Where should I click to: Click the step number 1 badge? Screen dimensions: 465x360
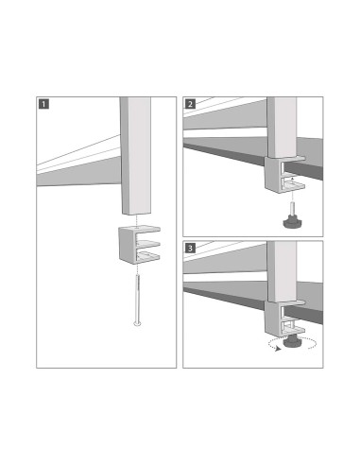click(43, 103)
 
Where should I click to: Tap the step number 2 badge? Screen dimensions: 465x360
click(190, 103)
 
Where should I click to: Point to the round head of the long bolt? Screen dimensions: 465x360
click(138, 324)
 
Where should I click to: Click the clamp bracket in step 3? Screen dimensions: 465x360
click(287, 314)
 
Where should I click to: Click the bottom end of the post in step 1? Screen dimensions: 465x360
click(136, 214)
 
